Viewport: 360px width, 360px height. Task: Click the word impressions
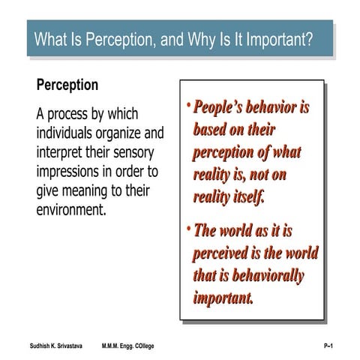point(73,172)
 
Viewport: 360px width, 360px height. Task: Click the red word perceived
point(223,253)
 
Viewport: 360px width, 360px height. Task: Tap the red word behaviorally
point(261,275)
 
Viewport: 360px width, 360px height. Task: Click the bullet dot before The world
point(188,226)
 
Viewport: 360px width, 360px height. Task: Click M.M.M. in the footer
point(113,344)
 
